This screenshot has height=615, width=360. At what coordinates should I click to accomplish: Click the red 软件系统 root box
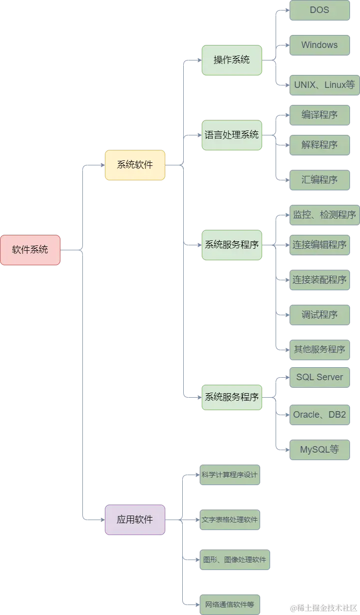[x=30, y=250]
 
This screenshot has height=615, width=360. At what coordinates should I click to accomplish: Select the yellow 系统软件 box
[x=135, y=165]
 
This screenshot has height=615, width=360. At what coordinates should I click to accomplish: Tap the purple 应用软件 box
[x=135, y=520]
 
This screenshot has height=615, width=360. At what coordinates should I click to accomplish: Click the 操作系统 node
[x=232, y=60]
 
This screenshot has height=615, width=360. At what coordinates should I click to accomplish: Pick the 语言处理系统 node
[x=232, y=135]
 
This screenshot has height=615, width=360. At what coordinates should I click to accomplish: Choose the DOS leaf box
[x=320, y=10]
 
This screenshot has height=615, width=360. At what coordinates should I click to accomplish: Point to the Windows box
[x=320, y=45]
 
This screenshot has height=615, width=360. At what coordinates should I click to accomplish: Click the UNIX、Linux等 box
[x=324, y=85]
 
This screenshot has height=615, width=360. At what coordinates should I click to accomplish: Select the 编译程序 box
[x=320, y=115]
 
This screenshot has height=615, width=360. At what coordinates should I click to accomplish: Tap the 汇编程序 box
[x=320, y=180]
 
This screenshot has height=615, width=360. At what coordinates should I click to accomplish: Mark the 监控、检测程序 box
[x=324, y=215]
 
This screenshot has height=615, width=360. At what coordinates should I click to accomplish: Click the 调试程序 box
[x=320, y=315]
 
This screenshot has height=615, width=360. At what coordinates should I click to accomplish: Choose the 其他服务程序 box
[x=320, y=350]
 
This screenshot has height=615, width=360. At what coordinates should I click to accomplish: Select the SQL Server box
[x=320, y=377]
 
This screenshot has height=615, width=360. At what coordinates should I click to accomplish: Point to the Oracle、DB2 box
[x=320, y=415]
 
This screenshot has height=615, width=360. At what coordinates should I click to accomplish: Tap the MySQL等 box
[x=320, y=450]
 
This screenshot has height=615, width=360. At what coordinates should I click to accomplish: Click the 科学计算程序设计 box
[x=230, y=475]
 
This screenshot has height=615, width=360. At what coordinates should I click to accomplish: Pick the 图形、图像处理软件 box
[x=235, y=560]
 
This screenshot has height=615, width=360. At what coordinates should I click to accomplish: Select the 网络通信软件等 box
[x=230, y=605]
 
